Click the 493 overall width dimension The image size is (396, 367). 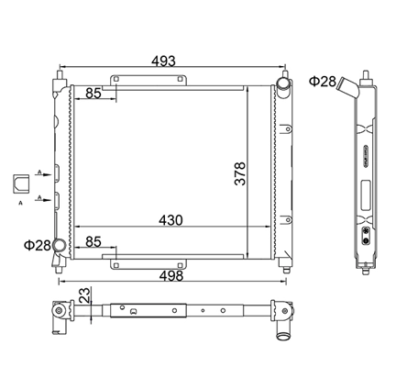coord(163,61)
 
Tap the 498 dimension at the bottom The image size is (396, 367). coord(171,276)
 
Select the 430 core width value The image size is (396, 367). coord(170,220)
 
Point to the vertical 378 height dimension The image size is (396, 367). coord(240,173)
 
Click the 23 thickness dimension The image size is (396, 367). coord(85,295)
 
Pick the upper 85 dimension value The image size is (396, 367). coord(93,94)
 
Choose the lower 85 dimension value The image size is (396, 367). coord(93,242)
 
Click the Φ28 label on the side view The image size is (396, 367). coord(323,82)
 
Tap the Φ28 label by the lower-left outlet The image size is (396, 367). coord(38,245)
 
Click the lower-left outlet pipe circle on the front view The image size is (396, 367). coord(60,245)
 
